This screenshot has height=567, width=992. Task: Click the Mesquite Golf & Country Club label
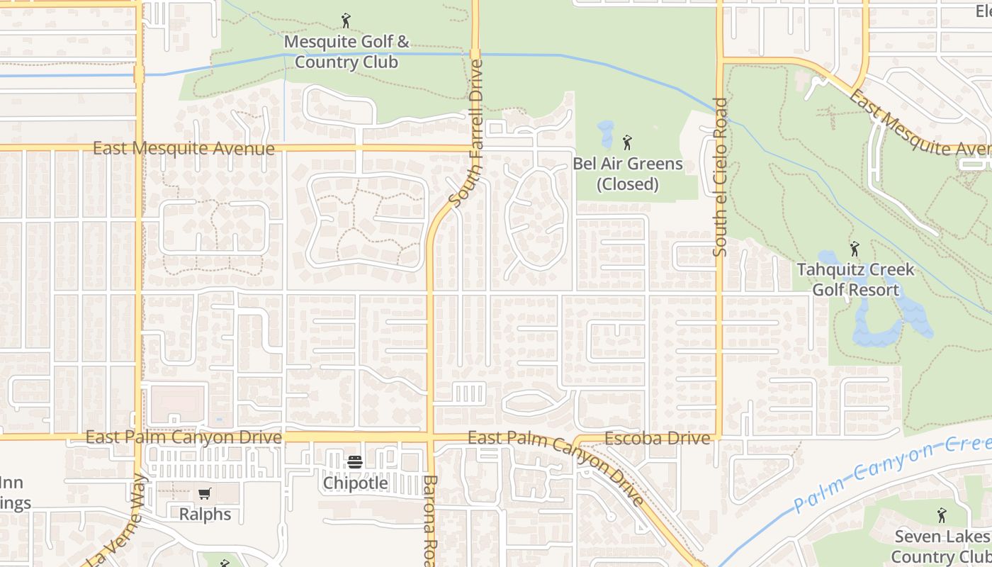click(346, 52)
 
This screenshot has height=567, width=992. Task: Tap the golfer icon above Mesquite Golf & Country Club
click(346, 21)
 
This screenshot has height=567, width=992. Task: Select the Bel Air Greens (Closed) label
click(628, 174)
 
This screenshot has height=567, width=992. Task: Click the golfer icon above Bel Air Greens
click(627, 142)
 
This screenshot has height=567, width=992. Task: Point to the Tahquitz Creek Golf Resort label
click(855, 280)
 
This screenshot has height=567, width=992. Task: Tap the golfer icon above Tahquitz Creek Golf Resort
click(855, 249)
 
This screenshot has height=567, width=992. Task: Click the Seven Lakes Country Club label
click(941, 546)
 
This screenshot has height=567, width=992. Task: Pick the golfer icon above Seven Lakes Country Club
click(941, 515)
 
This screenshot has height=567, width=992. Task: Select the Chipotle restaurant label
click(356, 483)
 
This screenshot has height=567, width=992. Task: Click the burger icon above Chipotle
click(355, 463)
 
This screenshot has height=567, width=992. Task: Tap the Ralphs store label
click(205, 514)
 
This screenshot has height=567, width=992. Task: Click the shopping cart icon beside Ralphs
click(204, 493)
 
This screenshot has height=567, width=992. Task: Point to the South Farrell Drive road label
click(466, 133)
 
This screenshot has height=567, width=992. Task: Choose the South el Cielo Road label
click(721, 177)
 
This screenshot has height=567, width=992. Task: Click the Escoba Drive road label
click(657, 439)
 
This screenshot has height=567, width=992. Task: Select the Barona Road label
click(430, 521)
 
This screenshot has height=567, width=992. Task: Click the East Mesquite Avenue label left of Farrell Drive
click(184, 149)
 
